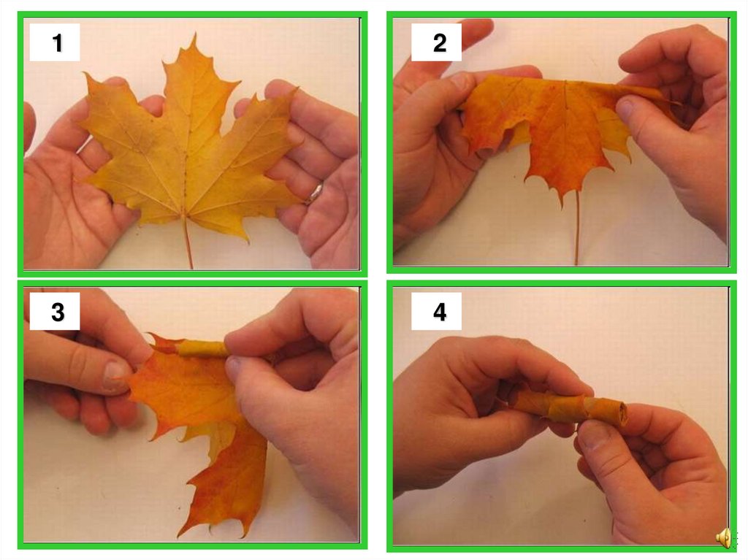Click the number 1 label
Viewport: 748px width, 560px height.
point(57,43)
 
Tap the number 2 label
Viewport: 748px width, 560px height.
point(440,43)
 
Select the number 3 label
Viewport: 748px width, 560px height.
point(58,312)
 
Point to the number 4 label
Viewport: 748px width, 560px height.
point(440,312)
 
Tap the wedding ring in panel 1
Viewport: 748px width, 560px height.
point(316,192)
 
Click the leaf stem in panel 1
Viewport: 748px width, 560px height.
point(188,242)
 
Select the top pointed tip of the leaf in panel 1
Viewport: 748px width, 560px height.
point(194,34)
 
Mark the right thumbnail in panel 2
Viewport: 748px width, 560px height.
point(626,107)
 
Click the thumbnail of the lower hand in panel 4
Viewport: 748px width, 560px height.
point(590,434)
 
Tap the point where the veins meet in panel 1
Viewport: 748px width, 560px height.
point(183,215)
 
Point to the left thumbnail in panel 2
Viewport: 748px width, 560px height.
point(459,80)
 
